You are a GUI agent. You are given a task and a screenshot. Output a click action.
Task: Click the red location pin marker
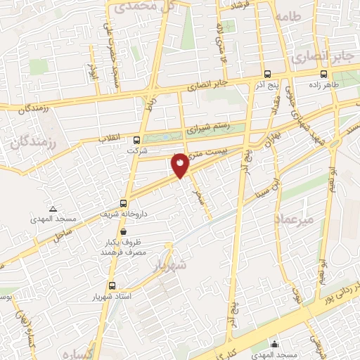pyautogui.click(x=181, y=165)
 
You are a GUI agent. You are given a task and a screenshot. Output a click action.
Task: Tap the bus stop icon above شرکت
pyautogui.click(x=136, y=139)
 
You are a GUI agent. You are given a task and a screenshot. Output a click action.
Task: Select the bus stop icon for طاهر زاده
pyautogui.click(x=323, y=73)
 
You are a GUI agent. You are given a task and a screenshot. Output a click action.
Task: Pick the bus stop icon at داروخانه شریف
pyautogui.click(x=124, y=202)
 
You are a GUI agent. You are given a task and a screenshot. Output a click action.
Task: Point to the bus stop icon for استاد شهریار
pyautogui.click(x=112, y=285)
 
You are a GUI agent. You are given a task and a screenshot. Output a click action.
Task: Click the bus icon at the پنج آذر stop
pyautogui.click(x=266, y=73)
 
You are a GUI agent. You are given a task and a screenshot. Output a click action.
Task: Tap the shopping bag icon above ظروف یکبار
pyautogui.click(x=124, y=231)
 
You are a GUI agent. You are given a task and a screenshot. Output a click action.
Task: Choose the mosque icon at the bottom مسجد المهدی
pyautogui.click(x=274, y=345)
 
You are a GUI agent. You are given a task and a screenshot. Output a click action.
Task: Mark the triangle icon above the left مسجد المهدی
pyautogui.click(x=53, y=209)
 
